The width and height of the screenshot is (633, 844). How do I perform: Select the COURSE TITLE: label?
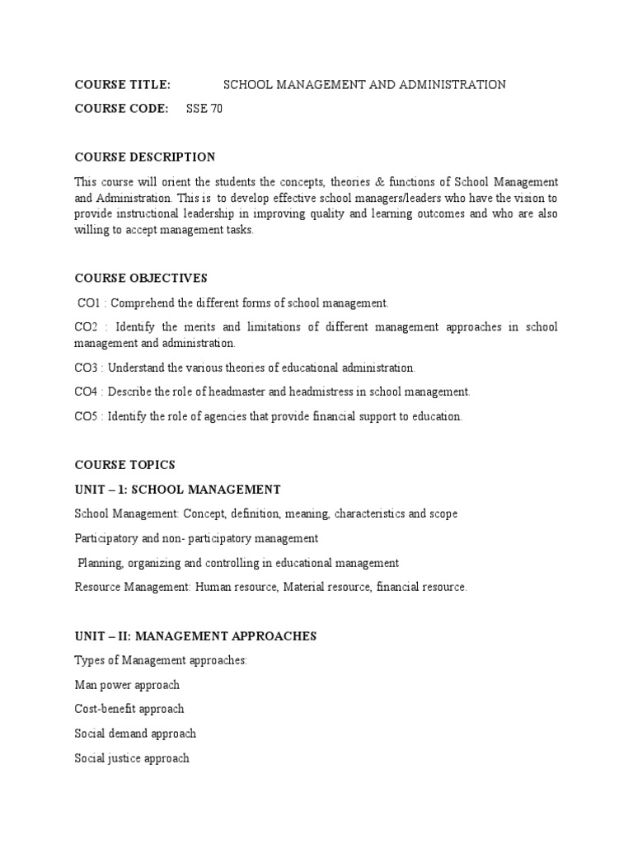[122, 85]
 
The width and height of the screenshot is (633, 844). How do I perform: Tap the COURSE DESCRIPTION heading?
[145, 157]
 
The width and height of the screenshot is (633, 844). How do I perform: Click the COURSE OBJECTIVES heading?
[141, 278]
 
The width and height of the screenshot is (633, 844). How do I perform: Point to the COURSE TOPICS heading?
[124, 465]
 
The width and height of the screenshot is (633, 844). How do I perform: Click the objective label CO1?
[87, 303]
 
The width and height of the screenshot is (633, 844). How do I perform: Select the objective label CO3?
[86, 368]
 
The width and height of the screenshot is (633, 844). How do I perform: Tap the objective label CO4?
[86, 392]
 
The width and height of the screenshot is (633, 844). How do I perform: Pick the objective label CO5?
[86, 416]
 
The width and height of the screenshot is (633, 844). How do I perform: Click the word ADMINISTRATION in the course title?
[456, 85]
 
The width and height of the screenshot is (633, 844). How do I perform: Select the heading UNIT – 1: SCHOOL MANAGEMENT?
[177, 489]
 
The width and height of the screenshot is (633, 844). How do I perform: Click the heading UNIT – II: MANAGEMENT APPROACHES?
[195, 636]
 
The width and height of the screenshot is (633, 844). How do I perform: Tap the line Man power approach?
[127, 685]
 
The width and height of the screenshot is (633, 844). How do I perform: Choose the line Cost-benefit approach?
[129, 709]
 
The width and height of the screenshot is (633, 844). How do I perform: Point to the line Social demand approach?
[135, 734]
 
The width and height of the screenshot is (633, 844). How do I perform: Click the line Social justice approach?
[132, 758]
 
